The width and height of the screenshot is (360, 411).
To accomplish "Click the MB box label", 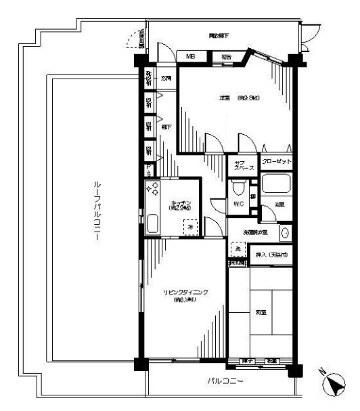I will pos(191,57).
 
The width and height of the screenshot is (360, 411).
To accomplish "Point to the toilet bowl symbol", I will pos(238,189).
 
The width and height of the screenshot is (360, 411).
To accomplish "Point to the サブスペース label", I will pos(243,165).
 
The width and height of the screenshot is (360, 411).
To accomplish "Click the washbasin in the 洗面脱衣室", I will pos(285,234).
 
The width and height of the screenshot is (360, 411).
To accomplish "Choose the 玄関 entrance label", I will pos(166,79).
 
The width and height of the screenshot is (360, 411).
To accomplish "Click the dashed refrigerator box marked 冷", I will pos(190,228).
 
